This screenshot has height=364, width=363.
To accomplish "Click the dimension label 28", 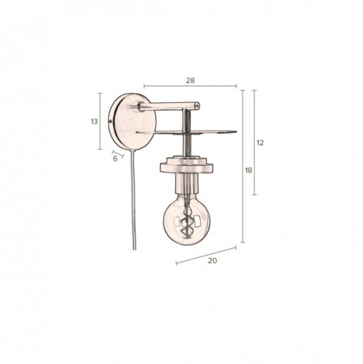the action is tap(190, 81).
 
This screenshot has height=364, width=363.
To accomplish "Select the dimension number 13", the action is tap(94, 122).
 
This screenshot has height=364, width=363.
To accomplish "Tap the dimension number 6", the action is tap(115, 159).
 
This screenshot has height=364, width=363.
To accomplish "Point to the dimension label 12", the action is tap(260, 143).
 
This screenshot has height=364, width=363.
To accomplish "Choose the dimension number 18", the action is tap(249, 170).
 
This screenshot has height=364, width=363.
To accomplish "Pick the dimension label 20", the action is tap(212, 261).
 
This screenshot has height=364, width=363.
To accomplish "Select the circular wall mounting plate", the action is tap(132, 122).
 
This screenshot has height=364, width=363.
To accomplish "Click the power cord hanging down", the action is tap(134, 200).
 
